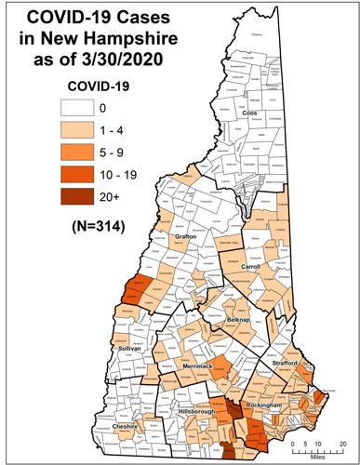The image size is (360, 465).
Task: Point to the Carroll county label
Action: click(250, 266)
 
